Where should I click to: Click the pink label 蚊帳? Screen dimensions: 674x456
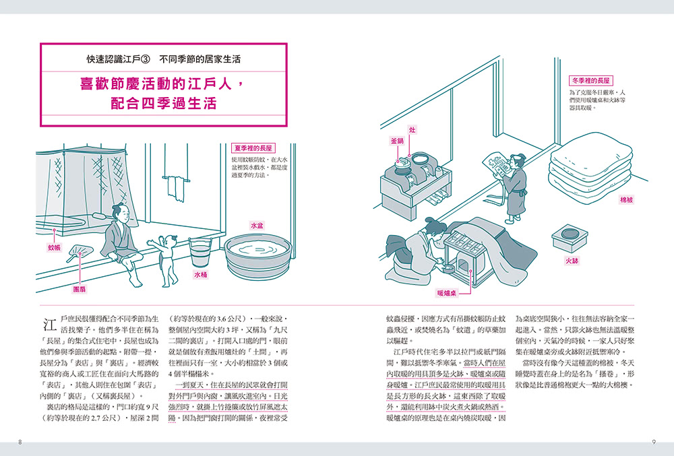click(54, 247)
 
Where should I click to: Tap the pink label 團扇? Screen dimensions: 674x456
click(80, 290)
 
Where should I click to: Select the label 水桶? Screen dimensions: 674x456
click(201, 275)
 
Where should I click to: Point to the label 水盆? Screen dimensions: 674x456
click(257, 226)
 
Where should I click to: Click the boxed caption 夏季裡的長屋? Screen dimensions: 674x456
click(253, 148)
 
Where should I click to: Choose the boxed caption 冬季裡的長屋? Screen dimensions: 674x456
click(590, 80)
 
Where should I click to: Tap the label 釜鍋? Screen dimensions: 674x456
click(397, 141)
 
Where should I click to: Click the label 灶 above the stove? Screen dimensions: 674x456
click(412, 130)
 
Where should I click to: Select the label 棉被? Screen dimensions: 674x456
click(626, 199)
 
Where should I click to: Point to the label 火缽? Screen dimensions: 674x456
click(572, 261)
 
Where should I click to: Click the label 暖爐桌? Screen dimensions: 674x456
click(447, 293)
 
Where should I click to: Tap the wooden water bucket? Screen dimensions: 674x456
click(200, 253)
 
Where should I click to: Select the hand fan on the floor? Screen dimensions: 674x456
click(78, 253)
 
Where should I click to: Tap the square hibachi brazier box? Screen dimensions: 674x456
click(570, 238)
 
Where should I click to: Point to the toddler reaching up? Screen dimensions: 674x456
click(166, 260)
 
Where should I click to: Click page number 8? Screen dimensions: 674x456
click(20, 442)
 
